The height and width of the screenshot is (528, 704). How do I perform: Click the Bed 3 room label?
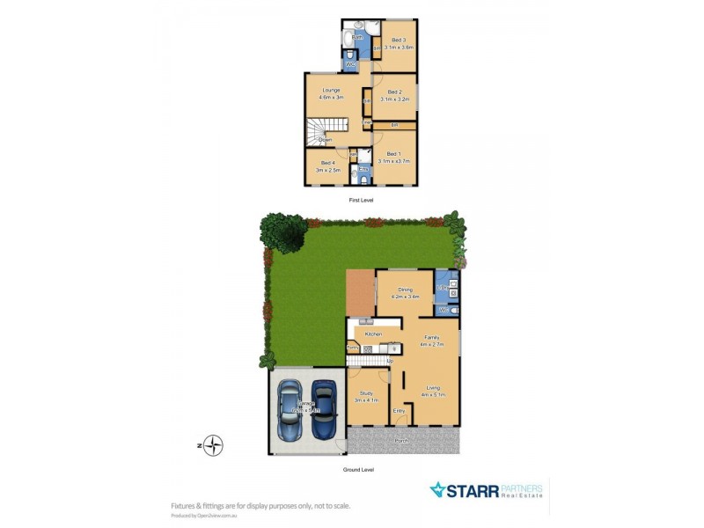click(398, 40)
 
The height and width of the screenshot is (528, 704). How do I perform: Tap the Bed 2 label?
click(394, 92)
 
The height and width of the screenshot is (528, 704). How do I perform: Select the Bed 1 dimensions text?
click(394, 162)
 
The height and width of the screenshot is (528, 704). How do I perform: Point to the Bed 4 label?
click(327, 163)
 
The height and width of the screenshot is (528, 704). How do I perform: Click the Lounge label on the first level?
click(331, 91)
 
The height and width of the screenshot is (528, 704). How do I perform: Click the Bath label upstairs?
click(357, 38)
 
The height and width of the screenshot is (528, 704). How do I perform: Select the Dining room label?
click(405, 290)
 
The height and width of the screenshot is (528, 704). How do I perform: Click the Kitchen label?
click(373, 335)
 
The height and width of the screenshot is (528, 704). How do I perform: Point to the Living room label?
click(433, 388)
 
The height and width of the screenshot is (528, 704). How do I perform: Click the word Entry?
click(399, 411)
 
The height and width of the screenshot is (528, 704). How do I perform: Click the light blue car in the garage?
click(290, 411)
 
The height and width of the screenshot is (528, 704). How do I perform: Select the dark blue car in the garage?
click(324, 411)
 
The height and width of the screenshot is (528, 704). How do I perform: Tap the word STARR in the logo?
click(473, 490)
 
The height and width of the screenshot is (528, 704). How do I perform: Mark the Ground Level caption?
click(358, 470)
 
